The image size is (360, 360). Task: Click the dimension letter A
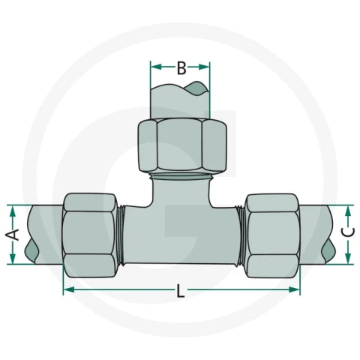coord(13,235)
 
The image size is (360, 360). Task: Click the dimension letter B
coord(181,68)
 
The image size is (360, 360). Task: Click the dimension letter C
coord(348,232)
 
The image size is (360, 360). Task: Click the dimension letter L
coord(181,291)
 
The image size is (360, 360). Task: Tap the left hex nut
coord(89,235)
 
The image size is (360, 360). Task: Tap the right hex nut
coord(272,235)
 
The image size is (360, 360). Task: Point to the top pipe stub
coord(180,100)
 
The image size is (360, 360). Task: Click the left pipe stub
coord(44,235)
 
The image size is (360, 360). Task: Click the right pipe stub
coord(316,235)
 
